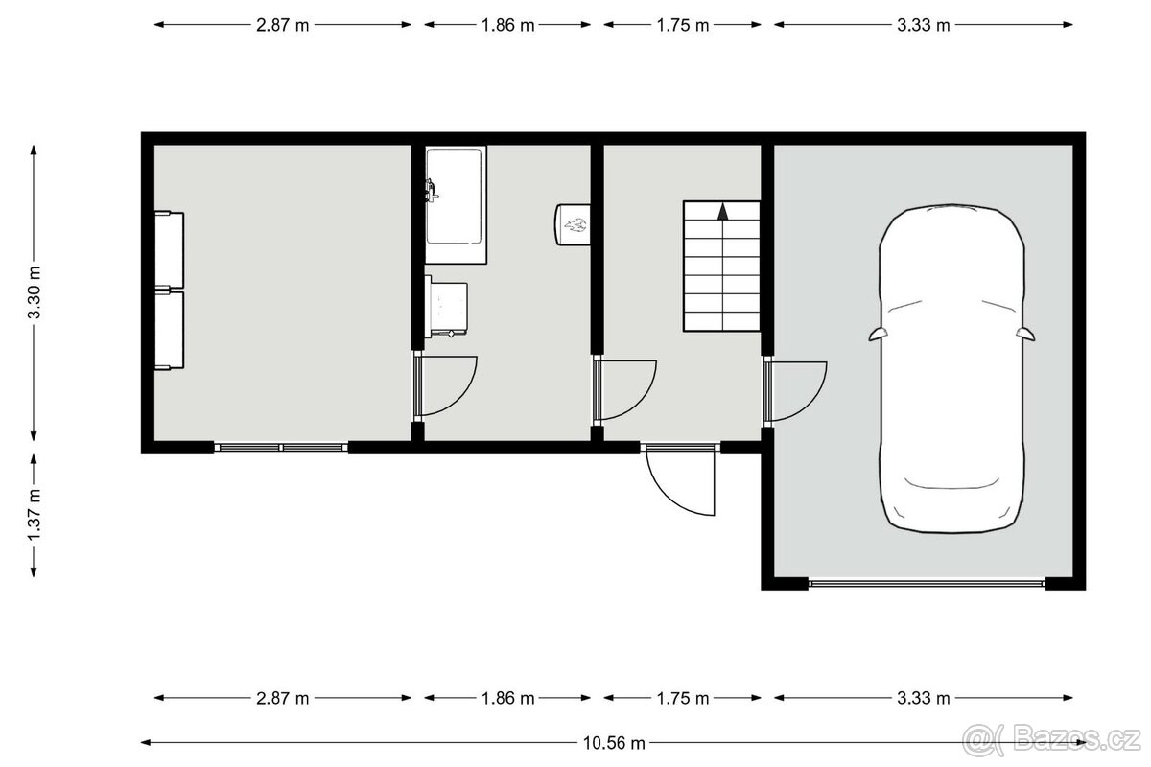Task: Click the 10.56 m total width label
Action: click(x=613, y=742)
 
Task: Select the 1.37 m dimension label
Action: click(x=35, y=516)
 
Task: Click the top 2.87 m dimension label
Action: click(x=282, y=26)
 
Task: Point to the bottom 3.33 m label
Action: click(x=923, y=698)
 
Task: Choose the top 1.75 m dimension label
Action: click(x=682, y=26)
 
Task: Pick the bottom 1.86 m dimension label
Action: click(x=507, y=698)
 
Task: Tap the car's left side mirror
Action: click(x=877, y=334)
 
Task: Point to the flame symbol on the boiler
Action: click(x=576, y=226)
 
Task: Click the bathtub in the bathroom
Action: click(x=457, y=204)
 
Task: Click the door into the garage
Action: click(x=796, y=390)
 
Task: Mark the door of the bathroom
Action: click(x=447, y=385)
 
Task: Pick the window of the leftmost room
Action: click(x=281, y=447)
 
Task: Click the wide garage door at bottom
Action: click(x=927, y=582)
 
